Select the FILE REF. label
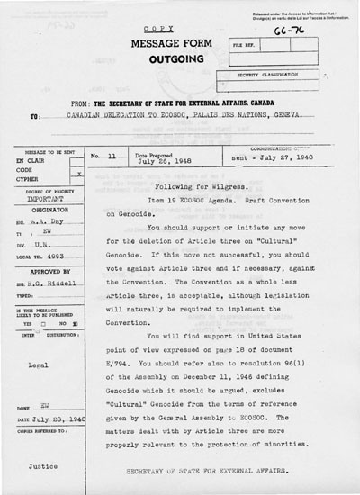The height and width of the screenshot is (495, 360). tap(246, 42)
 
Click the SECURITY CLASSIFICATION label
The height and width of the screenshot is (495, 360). tap(276, 76)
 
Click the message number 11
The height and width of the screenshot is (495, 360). tap(112, 155)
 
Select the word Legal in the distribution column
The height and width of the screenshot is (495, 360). tap(37, 366)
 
